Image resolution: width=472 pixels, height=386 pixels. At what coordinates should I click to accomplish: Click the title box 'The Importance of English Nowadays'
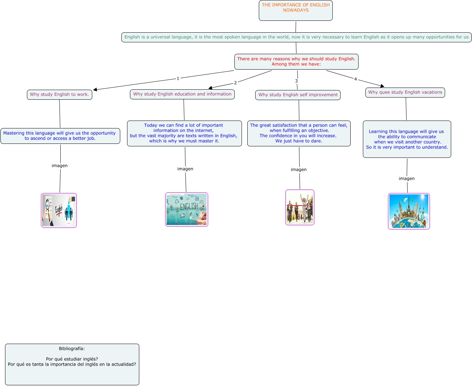click(295, 10)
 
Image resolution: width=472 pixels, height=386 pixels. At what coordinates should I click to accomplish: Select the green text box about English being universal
click(296, 37)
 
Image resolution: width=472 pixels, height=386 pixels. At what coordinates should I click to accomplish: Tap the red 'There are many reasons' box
click(296, 62)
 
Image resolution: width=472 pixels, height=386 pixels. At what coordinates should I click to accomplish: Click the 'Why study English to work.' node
click(60, 94)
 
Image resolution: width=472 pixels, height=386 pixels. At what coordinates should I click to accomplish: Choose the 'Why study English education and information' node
click(182, 94)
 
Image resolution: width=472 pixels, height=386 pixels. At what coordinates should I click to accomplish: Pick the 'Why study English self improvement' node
click(298, 95)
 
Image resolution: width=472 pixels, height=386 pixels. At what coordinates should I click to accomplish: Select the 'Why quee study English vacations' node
click(405, 92)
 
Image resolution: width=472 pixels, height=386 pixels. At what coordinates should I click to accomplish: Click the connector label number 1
click(178, 79)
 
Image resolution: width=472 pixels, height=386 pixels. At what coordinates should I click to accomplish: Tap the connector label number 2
click(235, 83)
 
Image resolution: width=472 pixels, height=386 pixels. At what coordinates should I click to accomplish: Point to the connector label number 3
click(296, 81)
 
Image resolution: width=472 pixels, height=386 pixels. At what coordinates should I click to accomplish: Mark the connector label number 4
click(356, 79)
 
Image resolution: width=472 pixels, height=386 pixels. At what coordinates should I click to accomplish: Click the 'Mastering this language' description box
click(60, 136)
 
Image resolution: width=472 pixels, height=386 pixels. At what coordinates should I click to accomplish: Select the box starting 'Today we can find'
click(184, 133)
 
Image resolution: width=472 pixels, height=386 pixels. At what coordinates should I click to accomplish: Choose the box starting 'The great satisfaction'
click(299, 133)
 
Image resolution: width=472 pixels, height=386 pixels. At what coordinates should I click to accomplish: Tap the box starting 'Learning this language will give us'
click(407, 139)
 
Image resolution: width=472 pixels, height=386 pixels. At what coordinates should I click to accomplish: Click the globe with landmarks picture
click(409, 211)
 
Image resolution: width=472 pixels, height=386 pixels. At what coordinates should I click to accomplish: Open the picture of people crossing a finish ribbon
click(300, 207)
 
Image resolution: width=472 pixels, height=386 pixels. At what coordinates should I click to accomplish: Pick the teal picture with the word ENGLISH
click(187, 210)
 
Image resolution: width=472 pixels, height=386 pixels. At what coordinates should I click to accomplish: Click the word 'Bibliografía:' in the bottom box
click(72, 349)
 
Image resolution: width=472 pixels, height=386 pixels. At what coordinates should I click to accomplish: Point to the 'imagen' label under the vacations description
click(407, 179)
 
